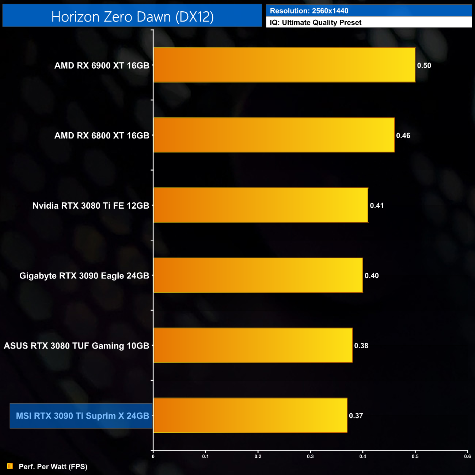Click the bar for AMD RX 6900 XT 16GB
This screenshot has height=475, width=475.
tap(284, 65)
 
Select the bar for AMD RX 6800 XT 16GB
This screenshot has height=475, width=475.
tap(274, 135)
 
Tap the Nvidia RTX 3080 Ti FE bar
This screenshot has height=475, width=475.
tap(261, 205)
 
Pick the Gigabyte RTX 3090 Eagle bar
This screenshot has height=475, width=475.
tap(258, 275)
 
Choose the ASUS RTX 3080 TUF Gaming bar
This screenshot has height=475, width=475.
tap(253, 346)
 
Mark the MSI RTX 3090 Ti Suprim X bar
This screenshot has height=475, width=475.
tap(250, 415)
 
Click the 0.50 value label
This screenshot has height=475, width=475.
tap(424, 66)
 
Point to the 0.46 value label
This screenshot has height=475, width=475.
tap(403, 136)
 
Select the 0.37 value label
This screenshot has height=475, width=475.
tap(356, 416)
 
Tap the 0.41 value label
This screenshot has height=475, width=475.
tap(377, 206)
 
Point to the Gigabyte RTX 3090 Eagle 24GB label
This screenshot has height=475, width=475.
tap(84, 276)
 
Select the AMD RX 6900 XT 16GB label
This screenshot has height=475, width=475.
tap(102, 66)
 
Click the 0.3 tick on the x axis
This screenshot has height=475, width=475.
tap(310, 456)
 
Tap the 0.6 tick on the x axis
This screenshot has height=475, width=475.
tap(467, 456)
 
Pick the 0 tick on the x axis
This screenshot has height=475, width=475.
tap(153, 456)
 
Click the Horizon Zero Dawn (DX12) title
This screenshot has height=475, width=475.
tap(132, 17)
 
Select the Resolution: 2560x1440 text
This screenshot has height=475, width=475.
tap(309, 11)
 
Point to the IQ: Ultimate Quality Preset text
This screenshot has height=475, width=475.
tap(316, 23)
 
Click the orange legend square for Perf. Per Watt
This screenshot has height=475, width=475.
tap(10, 466)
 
